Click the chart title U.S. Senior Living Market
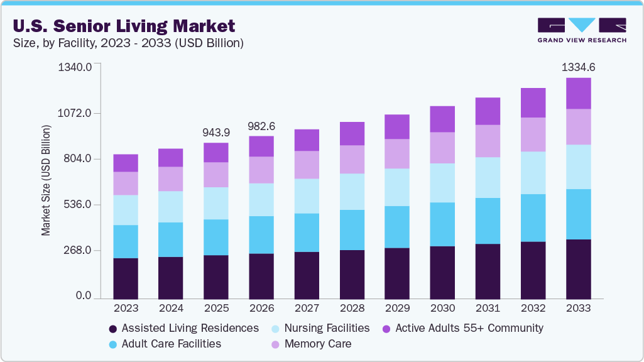pos(123,26)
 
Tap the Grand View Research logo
pos(582,30)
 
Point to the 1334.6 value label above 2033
pos(578,67)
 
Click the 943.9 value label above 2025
pos(216,133)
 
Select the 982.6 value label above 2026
pos(261,126)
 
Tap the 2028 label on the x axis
pos(352,309)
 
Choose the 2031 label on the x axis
pos(488,309)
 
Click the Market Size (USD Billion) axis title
pos(46,181)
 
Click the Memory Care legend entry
pos(317,344)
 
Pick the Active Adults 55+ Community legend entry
pos(468,328)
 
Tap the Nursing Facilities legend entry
pos(327,328)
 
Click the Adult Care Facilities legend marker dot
pos(112,344)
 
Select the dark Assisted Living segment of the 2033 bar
pos(578,269)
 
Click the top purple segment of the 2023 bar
pos(126,163)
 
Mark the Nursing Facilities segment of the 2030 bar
pos(442,183)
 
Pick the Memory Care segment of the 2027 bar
pos(307,165)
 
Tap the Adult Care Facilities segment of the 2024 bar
pos(171,239)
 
